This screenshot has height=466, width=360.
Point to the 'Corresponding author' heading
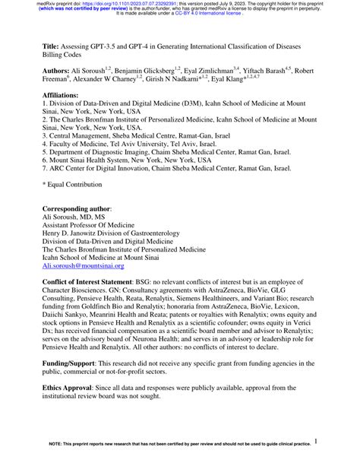point(77,208)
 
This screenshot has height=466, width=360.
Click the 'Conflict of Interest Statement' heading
point(94,281)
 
